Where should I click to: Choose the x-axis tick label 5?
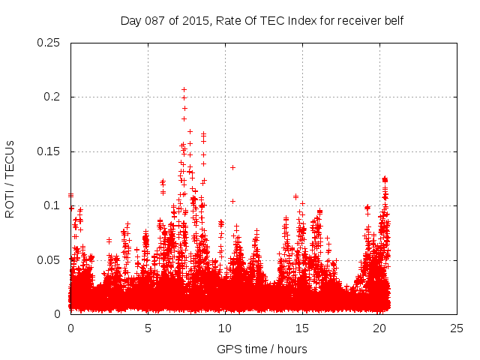148,328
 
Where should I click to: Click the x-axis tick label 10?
225,328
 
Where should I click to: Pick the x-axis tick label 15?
302,328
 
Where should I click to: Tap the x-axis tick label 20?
379,328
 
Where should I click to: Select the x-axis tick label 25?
457,328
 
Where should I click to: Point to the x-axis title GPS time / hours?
262,349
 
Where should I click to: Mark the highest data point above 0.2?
184,90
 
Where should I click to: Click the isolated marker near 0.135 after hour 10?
232,167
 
